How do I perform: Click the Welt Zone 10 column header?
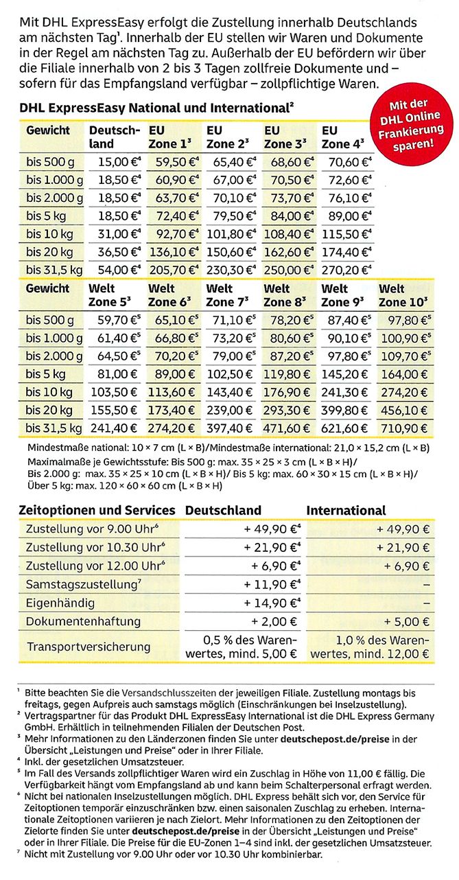404,295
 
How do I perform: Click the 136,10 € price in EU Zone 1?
172,251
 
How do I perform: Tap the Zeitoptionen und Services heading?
96,511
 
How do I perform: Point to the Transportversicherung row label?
88,647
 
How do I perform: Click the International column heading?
346,511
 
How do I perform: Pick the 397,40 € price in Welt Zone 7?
231,428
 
